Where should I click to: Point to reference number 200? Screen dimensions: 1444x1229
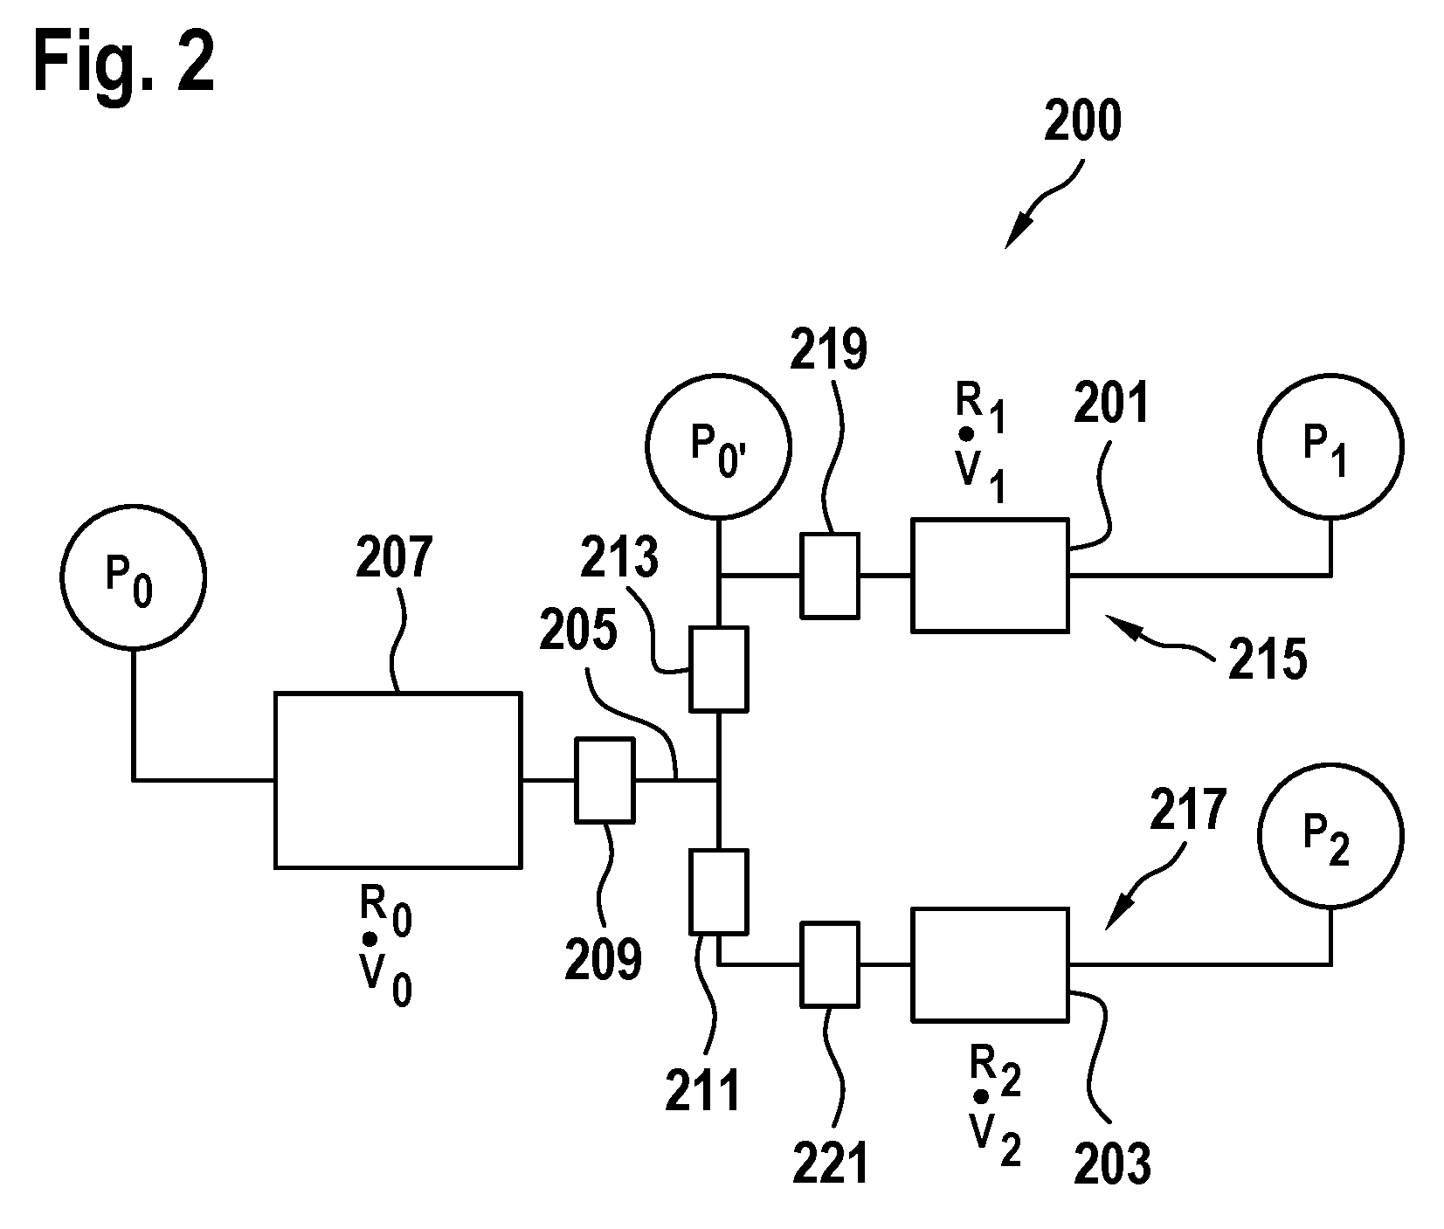(x=1082, y=122)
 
